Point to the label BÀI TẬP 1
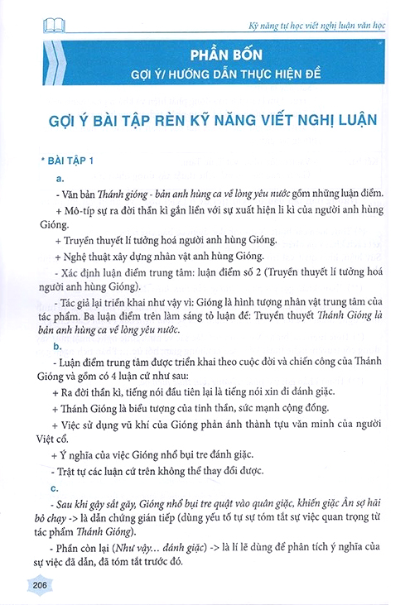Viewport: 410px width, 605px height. (x=71, y=160)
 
